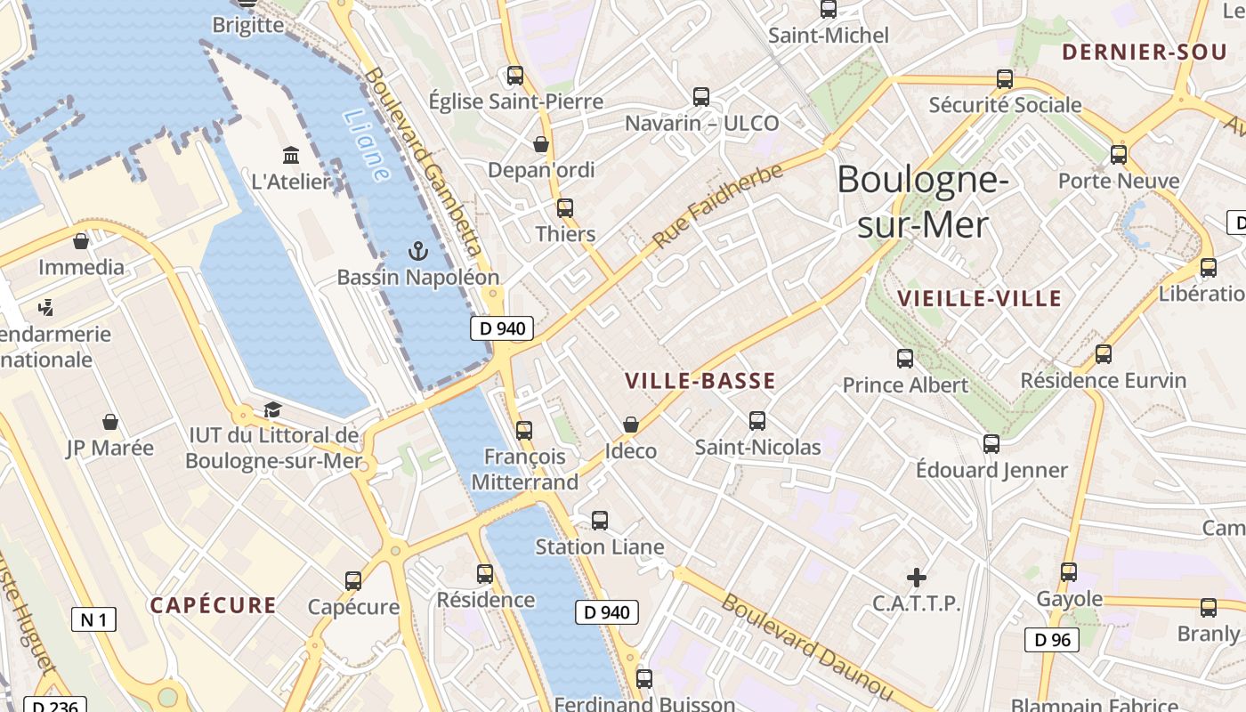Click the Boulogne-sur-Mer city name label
[x=923, y=202]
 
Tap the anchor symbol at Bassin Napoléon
[x=418, y=251]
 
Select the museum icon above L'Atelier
[x=291, y=156]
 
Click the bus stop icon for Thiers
[x=565, y=208]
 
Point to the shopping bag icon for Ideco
[x=631, y=425]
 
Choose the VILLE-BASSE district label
[x=700, y=382]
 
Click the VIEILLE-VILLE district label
[x=980, y=298]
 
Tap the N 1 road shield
[x=93, y=619]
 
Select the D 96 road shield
[x=1052, y=639]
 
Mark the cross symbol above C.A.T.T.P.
[x=916, y=578]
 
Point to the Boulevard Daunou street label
[x=806, y=646]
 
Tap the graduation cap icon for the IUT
[x=272, y=409]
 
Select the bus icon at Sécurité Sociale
[x=1005, y=78]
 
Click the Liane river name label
[x=366, y=146]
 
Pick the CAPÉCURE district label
[x=213, y=606]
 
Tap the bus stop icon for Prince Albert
[x=905, y=359]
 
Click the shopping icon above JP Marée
[x=110, y=421]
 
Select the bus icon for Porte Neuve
[x=1119, y=155]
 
